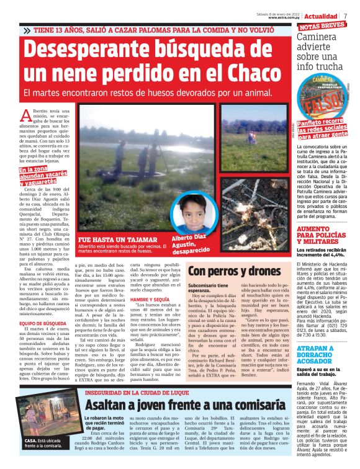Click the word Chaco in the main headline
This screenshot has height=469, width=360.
point(246,74)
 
